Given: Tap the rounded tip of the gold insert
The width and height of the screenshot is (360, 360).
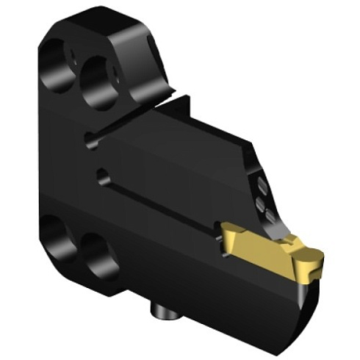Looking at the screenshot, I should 314,257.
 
